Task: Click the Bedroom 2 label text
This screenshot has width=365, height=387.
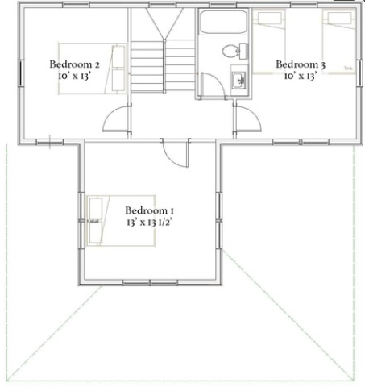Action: (x=74, y=64)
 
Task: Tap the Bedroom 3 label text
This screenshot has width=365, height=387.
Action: (x=301, y=64)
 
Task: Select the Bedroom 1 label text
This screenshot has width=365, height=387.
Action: (x=150, y=210)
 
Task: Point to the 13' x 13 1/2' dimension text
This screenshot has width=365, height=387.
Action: (x=150, y=222)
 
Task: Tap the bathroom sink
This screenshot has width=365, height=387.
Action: (x=239, y=81)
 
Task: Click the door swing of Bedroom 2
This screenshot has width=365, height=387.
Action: (x=114, y=120)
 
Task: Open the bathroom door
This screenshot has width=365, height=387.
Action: (x=211, y=86)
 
